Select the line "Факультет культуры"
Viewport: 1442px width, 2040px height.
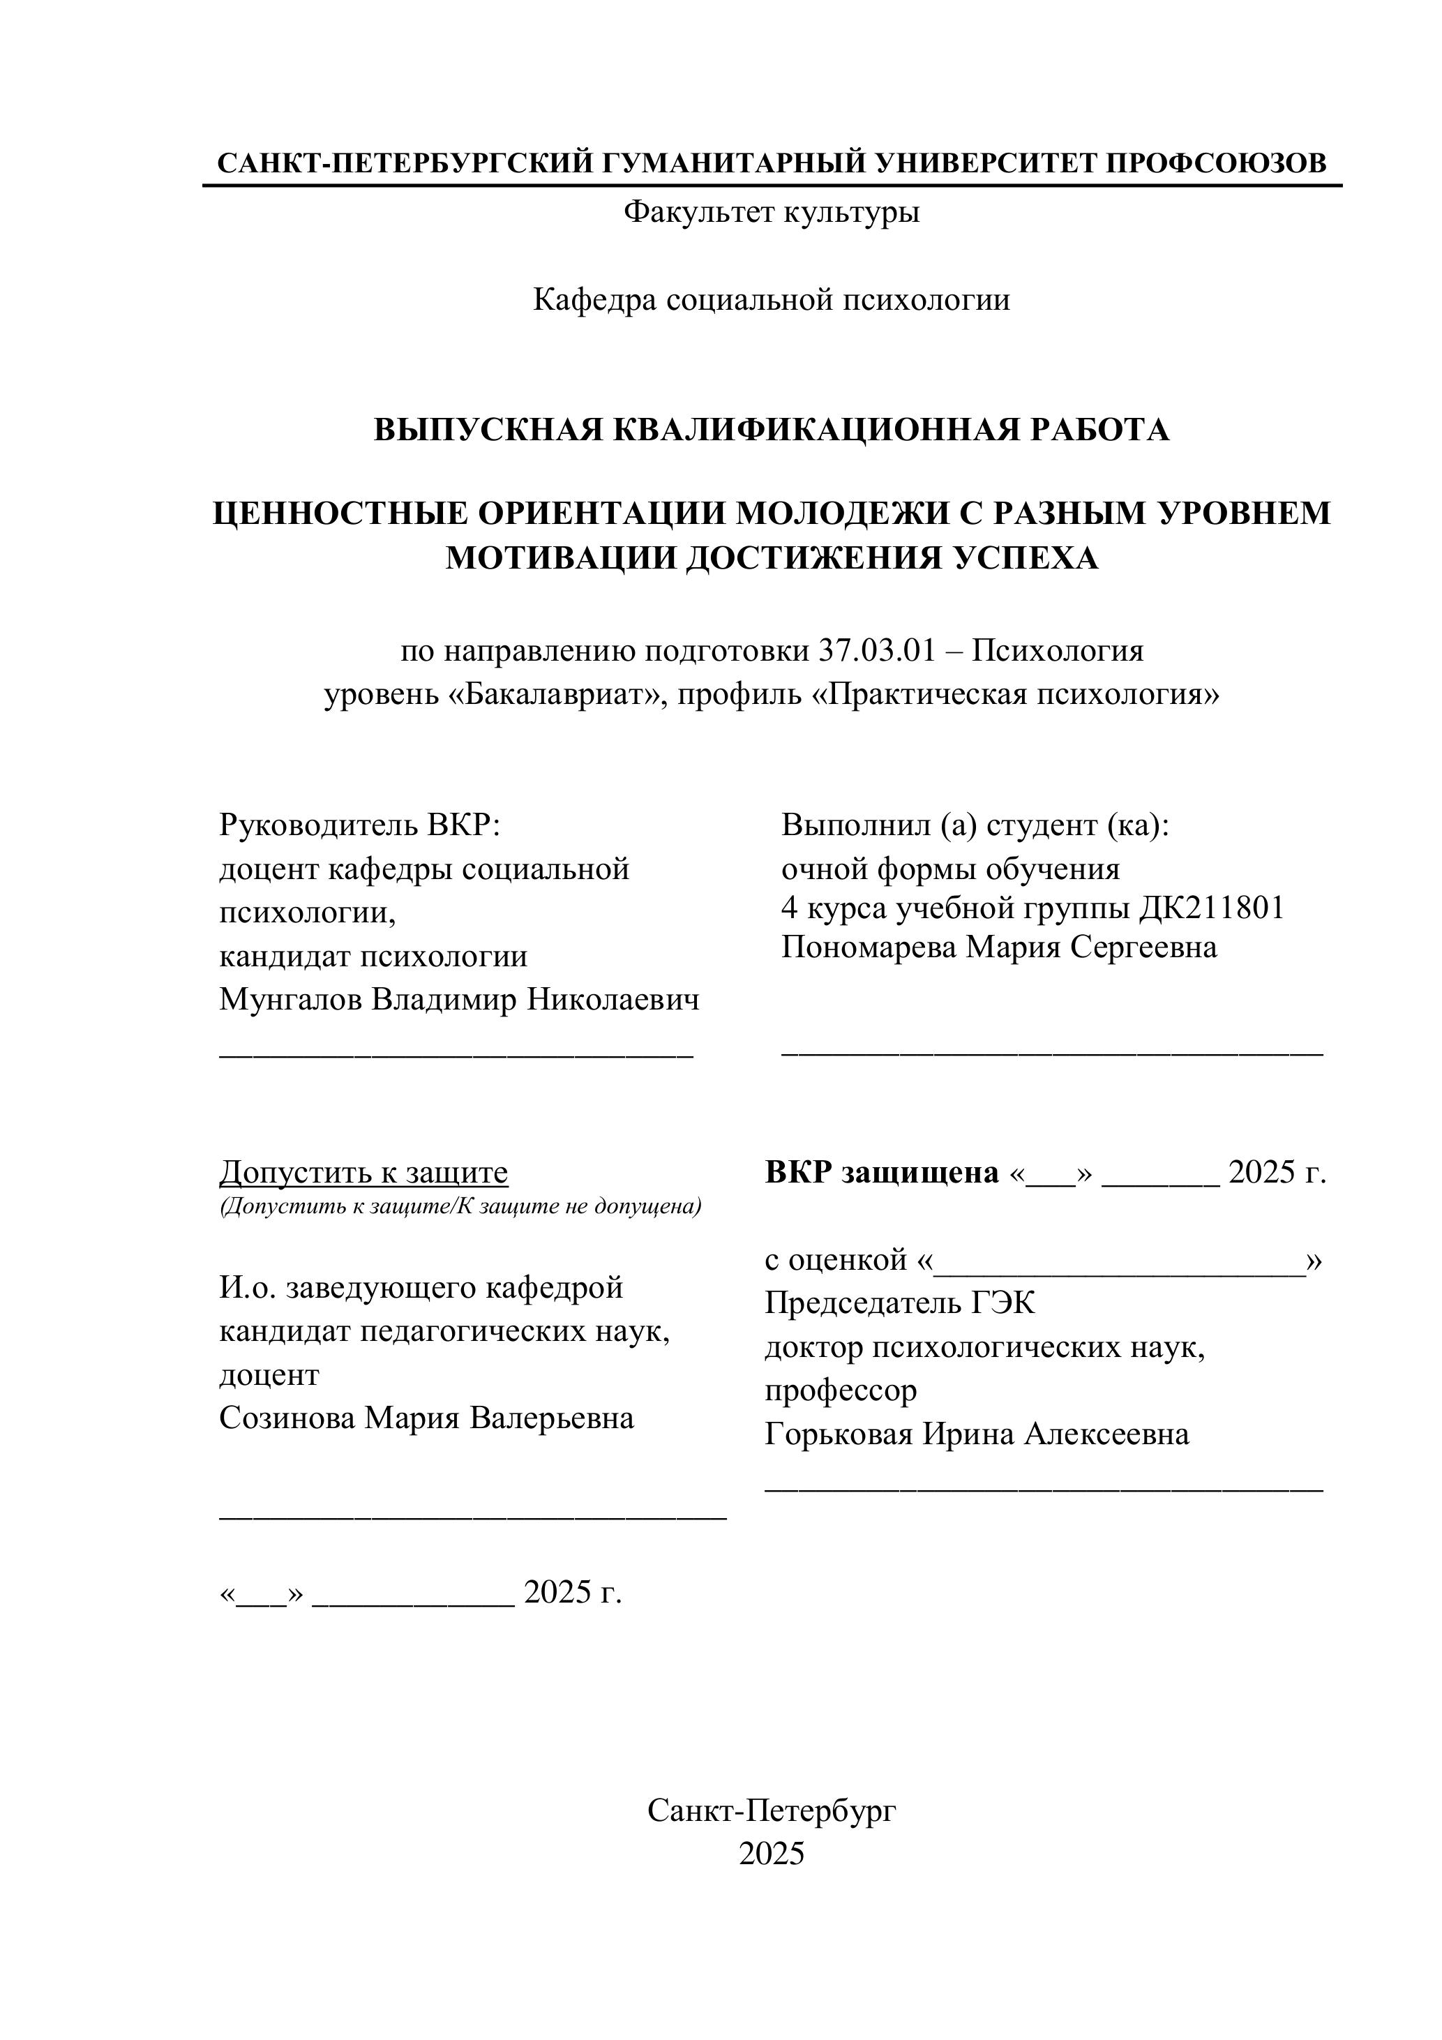[x=771, y=212]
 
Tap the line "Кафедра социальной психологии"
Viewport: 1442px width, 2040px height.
[x=771, y=300]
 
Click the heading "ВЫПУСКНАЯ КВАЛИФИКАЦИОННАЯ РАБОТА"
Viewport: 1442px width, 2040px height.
[x=771, y=430]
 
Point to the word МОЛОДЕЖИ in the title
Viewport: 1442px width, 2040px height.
[x=850, y=513]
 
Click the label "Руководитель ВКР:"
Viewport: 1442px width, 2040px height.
[x=361, y=825]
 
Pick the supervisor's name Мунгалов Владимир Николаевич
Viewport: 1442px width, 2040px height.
[x=459, y=1000]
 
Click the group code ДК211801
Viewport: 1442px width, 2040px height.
[x=1212, y=908]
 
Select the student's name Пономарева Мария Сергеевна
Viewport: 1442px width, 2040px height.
[x=998, y=948]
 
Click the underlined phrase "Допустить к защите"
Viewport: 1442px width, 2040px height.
[x=363, y=1173]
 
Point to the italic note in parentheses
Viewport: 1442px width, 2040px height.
[x=460, y=1206]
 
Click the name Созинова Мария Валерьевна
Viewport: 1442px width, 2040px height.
[x=426, y=1418]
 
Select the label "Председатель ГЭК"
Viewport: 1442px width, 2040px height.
[x=900, y=1303]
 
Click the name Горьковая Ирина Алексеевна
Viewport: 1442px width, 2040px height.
[x=977, y=1434]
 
